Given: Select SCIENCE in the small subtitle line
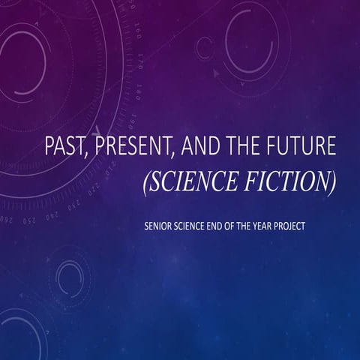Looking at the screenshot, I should [x=199, y=225].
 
